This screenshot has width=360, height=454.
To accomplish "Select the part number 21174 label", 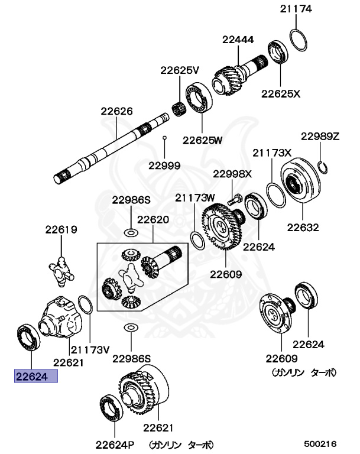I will pos(296,9).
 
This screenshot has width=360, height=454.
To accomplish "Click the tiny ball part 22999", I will pos(166,138).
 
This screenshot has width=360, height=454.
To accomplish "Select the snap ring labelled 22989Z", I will pos(323,167).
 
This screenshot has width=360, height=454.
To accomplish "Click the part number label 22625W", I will pos(202,140).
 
